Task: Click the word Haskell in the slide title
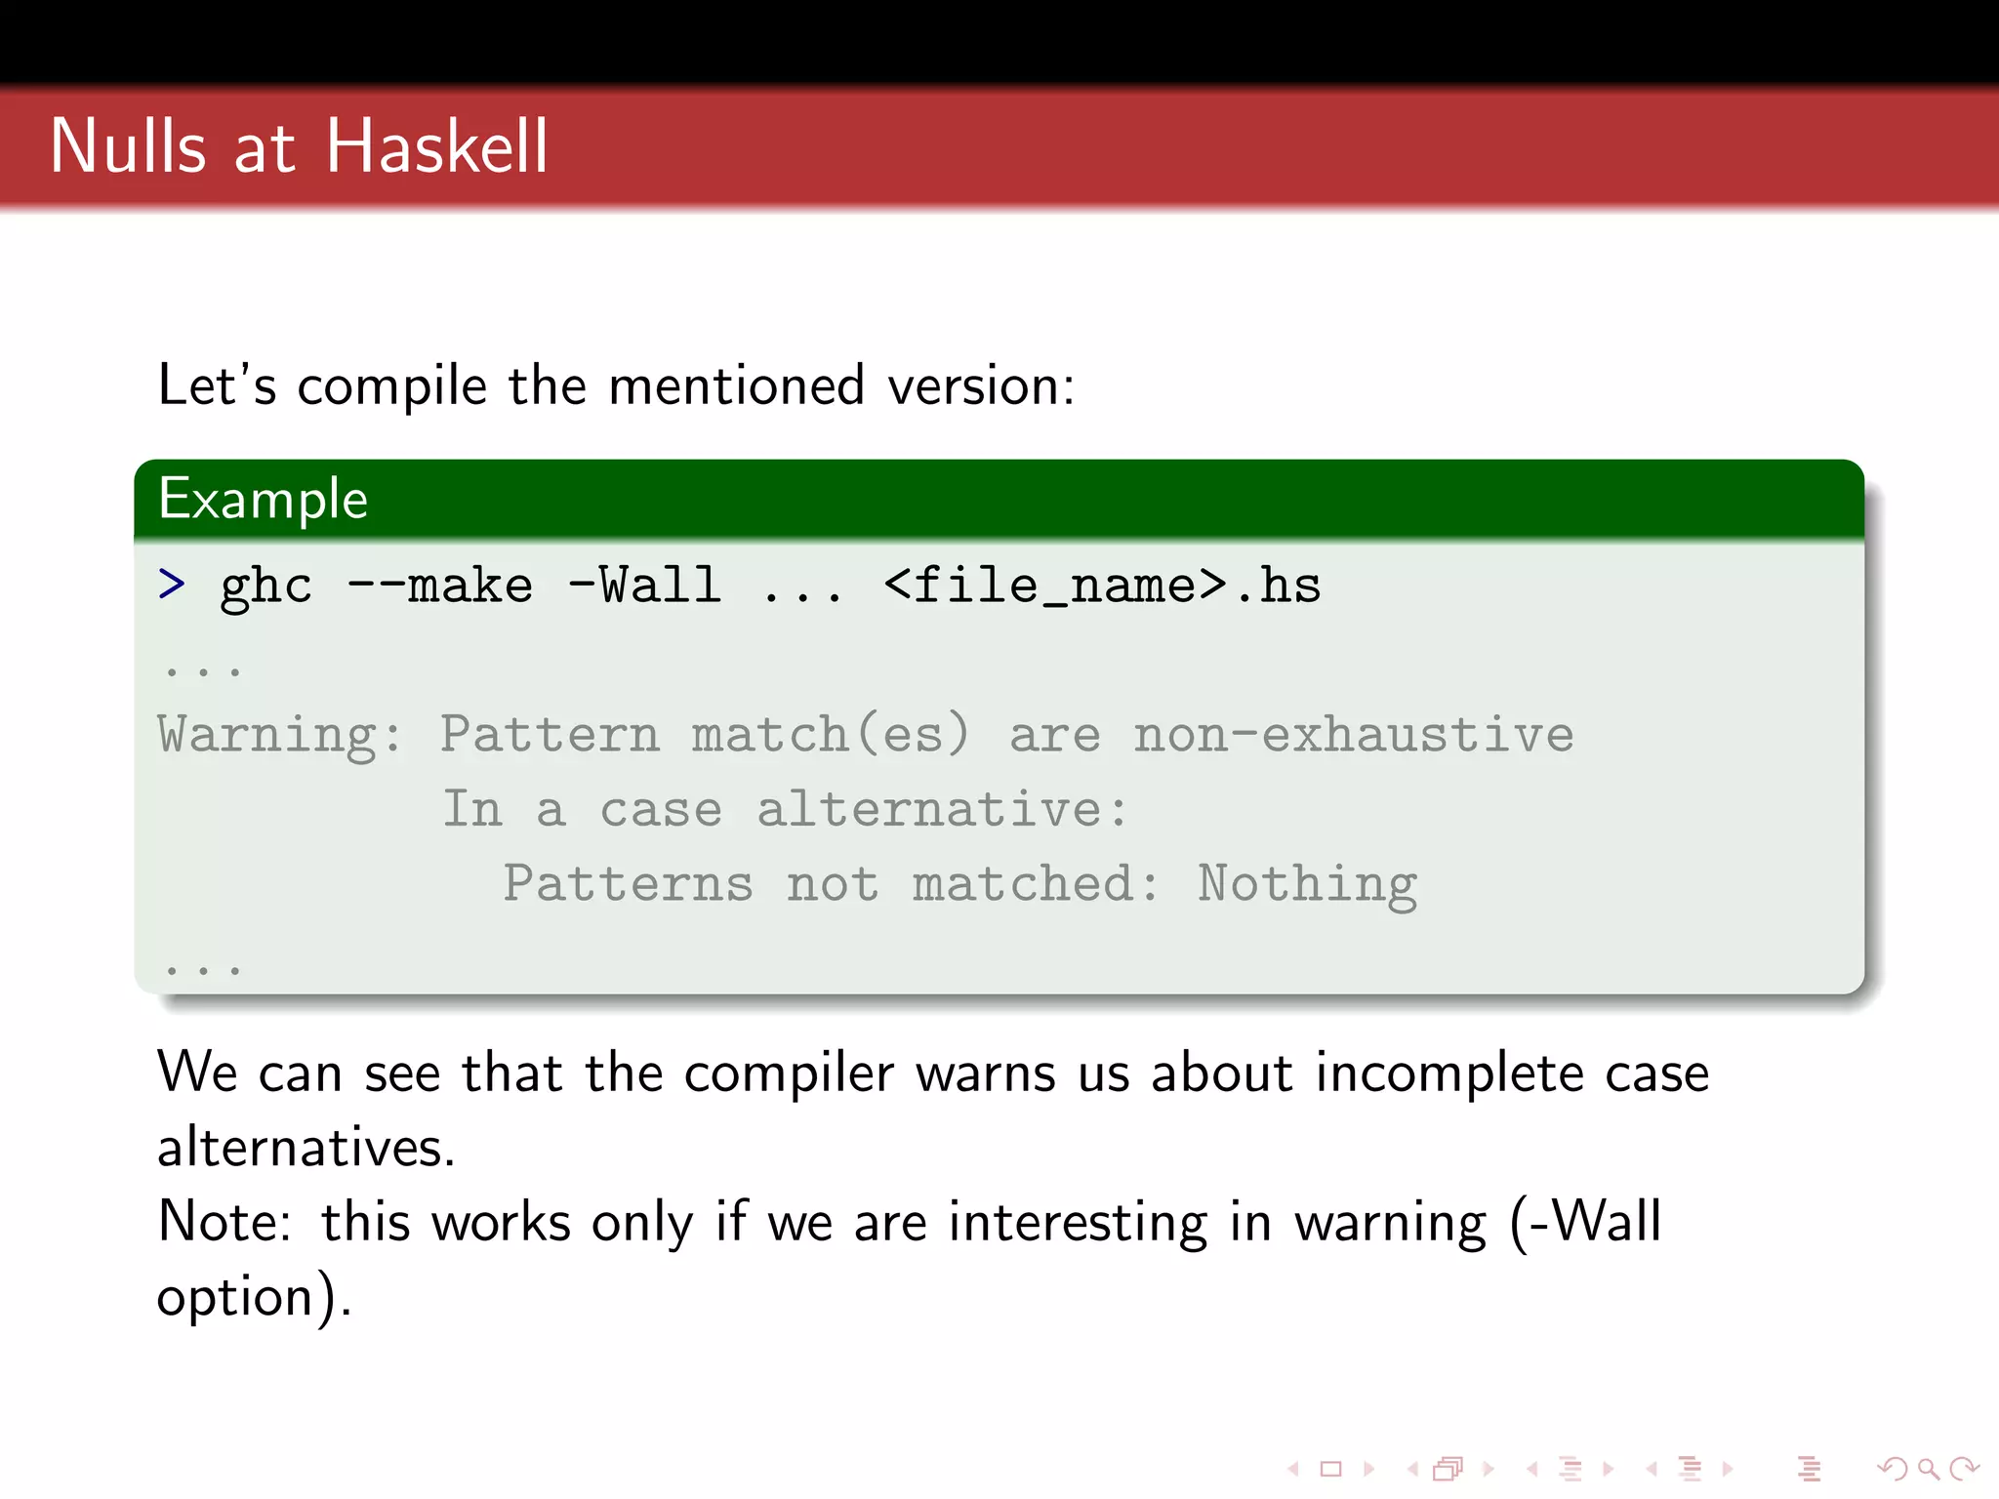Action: click(436, 146)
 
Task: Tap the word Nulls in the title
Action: click(128, 146)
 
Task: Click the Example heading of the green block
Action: click(263, 500)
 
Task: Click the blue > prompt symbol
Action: click(172, 584)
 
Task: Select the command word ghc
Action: click(265, 587)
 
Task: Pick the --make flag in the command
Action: click(440, 586)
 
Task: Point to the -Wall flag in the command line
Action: click(644, 586)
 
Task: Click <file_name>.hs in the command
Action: click(1101, 586)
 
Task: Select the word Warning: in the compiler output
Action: click(279, 735)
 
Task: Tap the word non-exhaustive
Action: click(1353, 735)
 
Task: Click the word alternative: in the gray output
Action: click(942, 809)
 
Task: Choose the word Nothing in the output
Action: click(1307, 884)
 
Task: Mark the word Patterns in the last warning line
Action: click(628, 884)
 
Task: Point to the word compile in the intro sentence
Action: click(391, 386)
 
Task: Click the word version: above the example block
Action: click(980, 385)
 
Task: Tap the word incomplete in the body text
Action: click(1449, 1074)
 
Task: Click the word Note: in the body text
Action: click(224, 1222)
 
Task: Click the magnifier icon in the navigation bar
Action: click(1928, 1469)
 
